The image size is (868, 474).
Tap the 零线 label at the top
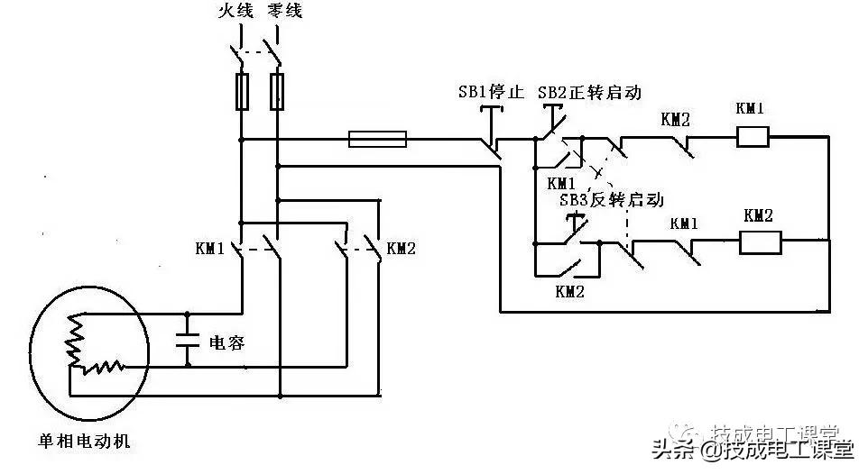(x=285, y=12)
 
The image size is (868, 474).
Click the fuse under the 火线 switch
(x=241, y=92)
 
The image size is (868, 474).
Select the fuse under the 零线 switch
(x=278, y=92)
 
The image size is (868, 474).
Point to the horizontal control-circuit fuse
(x=377, y=139)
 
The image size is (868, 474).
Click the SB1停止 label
(x=492, y=92)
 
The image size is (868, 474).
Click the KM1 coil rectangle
(x=752, y=137)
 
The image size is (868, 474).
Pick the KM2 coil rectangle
(x=760, y=242)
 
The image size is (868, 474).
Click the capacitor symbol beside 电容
(x=188, y=342)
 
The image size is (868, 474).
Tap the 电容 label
(x=226, y=342)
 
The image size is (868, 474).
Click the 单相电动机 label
(x=83, y=442)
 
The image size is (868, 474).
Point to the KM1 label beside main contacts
(x=209, y=248)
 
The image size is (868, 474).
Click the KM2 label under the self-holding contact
(x=570, y=291)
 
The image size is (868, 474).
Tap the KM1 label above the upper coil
(x=750, y=109)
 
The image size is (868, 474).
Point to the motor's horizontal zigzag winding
(x=100, y=367)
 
